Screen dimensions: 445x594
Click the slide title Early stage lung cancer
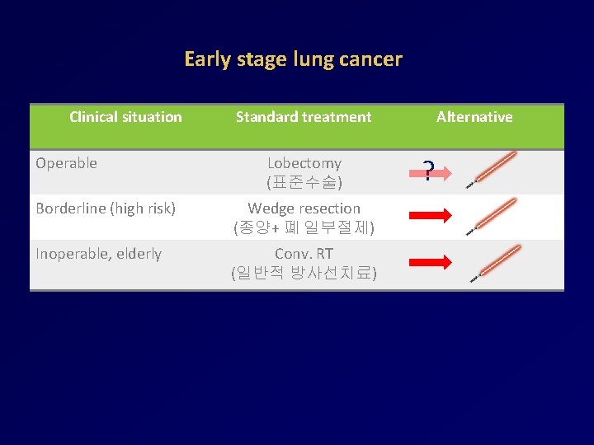point(293,59)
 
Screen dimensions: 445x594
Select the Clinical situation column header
point(125,117)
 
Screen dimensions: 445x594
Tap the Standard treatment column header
point(304,117)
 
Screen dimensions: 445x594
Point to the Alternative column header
point(474,117)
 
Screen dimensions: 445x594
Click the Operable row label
point(66,163)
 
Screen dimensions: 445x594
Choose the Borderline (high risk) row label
point(106,208)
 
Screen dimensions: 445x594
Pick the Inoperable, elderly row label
point(98,254)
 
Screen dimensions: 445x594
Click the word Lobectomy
point(304,163)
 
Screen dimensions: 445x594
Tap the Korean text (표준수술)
point(304,180)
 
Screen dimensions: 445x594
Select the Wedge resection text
point(304,208)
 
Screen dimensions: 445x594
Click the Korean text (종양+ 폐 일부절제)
point(304,226)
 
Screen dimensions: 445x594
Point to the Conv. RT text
point(304,254)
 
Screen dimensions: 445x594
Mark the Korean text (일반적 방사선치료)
point(304,272)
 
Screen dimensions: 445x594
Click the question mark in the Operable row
point(428,171)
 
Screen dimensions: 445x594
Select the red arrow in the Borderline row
point(431,217)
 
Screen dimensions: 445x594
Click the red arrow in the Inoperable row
point(431,262)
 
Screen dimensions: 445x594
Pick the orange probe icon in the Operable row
point(493,169)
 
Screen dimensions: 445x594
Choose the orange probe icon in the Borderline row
point(493,216)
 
